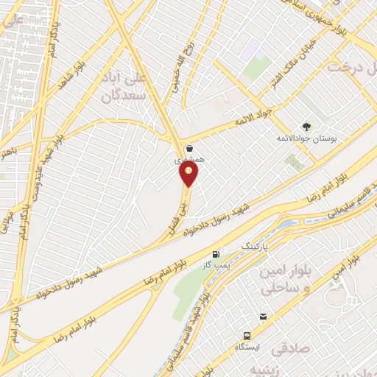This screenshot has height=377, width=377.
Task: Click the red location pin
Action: [189, 174]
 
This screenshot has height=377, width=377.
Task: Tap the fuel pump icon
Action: [216, 254]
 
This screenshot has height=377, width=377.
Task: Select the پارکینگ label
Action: [257, 242]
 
